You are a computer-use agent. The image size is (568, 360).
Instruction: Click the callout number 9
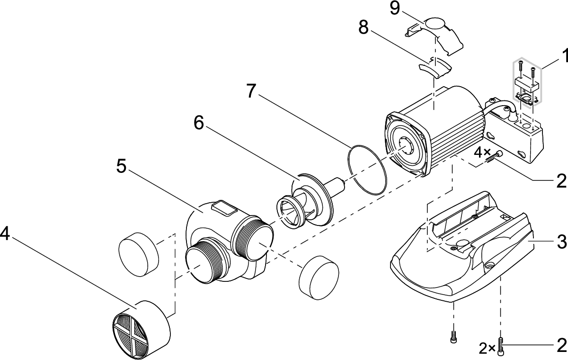tap(394, 9)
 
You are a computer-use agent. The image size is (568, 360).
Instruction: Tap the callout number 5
tap(122, 166)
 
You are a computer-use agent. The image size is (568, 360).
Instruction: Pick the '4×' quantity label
tap(483, 153)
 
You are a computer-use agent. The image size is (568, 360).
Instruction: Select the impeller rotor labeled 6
tap(308, 199)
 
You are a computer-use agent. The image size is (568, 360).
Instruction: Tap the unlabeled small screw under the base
tap(453, 337)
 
